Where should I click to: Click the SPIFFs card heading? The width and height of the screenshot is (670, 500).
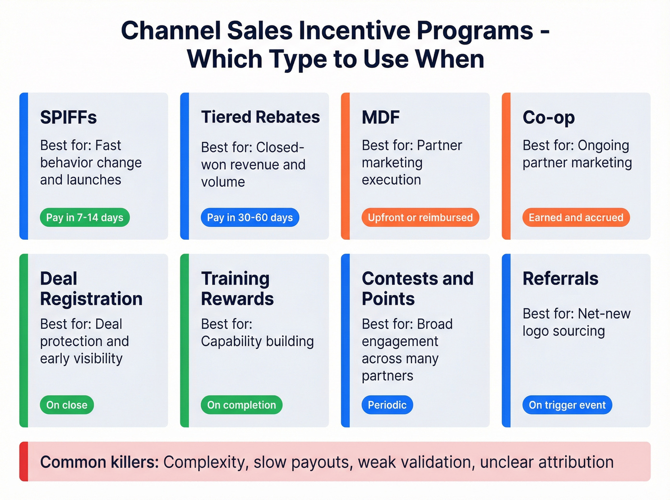click(x=68, y=117)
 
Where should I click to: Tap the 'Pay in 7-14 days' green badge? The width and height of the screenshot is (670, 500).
click(x=85, y=218)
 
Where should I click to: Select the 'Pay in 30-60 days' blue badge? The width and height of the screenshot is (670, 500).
click(x=250, y=218)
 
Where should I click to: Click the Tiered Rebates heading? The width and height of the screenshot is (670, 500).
click(x=260, y=117)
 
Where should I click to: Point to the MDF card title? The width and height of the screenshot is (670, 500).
click(x=380, y=117)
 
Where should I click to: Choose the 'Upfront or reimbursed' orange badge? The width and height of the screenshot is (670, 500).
click(x=420, y=218)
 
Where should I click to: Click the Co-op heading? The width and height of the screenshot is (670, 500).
click(x=548, y=117)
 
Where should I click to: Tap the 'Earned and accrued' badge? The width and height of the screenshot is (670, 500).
click(x=576, y=218)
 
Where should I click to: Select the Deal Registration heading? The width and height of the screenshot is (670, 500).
click(x=91, y=289)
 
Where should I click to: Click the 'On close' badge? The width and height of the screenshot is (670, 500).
click(x=67, y=405)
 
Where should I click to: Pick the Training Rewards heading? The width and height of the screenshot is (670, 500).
click(x=237, y=289)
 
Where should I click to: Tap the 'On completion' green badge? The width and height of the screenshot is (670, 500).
click(x=241, y=405)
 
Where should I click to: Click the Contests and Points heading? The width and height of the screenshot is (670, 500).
click(x=417, y=289)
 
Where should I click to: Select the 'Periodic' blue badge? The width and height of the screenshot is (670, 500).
click(x=387, y=405)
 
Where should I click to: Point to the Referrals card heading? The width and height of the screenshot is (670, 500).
click(x=560, y=278)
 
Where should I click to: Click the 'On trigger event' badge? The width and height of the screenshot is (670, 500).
click(x=567, y=405)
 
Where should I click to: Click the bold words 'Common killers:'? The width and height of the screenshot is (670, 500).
click(x=99, y=462)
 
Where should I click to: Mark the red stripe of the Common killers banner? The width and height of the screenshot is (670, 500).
click(x=23, y=462)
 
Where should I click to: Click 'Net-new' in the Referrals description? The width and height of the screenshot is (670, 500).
click(x=604, y=314)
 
